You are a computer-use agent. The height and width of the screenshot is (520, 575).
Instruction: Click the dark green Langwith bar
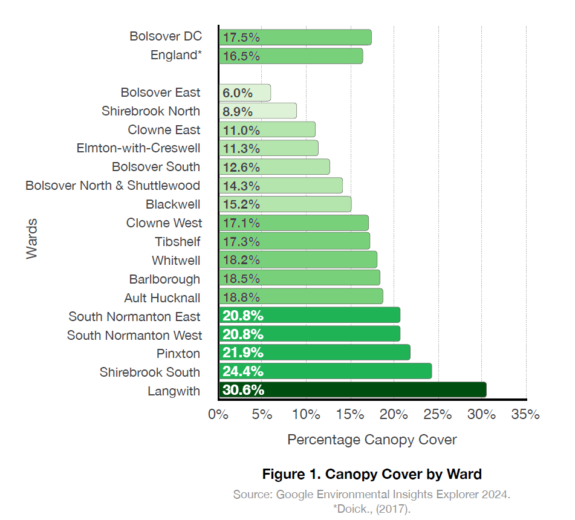pyautogui.click(x=352, y=390)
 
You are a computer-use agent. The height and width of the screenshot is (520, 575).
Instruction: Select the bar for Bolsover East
pyautogui.click(x=245, y=93)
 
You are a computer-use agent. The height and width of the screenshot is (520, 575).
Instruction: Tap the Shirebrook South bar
pyautogui.click(x=325, y=371)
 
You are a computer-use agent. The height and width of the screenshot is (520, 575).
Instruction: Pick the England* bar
pyautogui.click(x=291, y=56)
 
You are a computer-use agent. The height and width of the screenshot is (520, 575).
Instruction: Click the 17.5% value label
pyautogui.click(x=241, y=37)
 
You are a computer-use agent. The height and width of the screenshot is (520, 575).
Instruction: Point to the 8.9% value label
pyautogui.click(x=238, y=111)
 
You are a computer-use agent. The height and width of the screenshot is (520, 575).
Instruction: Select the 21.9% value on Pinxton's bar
pyautogui.click(x=242, y=353)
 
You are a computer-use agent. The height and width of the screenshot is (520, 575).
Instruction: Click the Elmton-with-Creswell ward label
pyautogui.click(x=138, y=148)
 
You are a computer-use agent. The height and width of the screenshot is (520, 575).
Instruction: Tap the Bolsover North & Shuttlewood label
pyautogui.click(x=113, y=186)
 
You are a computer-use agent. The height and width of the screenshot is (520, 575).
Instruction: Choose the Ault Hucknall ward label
pyautogui.click(x=162, y=297)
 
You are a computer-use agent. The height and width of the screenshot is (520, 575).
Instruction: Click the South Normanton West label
pyautogui.click(x=135, y=335)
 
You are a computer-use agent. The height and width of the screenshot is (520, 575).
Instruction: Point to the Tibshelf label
pyautogui.click(x=178, y=242)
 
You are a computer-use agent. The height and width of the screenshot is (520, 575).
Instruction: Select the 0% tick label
pyautogui.click(x=218, y=415)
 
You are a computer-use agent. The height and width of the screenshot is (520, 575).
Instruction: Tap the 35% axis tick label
pyautogui.click(x=525, y=415)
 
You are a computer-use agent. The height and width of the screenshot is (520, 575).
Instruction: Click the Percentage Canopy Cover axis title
pyautogui.click(x=372, y=440)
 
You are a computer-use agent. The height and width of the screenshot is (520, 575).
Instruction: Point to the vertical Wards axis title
pyautogui.click(x=32, y=239)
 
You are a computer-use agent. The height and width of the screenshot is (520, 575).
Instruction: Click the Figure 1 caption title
pyautogui.click(x=372, y=473)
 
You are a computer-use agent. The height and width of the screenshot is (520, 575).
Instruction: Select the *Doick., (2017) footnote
pyautogui.click(x=372, y=509)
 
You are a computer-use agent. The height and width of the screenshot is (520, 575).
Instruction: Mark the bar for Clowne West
pyautogui.click(x=294, y=223)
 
